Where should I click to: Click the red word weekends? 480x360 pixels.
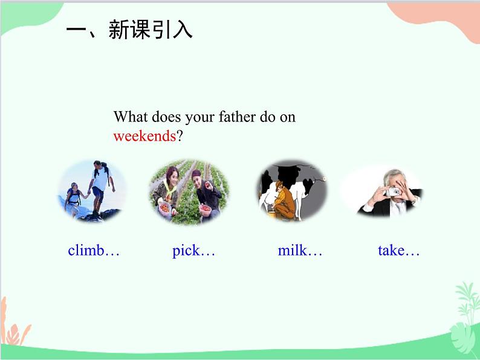tap(144, 136)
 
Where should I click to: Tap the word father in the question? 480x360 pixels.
tap(237, 117)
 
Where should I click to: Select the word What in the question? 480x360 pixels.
tap(131, 117)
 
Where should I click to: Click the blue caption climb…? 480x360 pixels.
tap(93, 250)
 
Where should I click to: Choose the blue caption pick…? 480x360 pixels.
tap(193, 251)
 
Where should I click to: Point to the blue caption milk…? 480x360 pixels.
tap(300, 250)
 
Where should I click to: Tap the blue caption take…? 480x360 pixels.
tap(398, 250)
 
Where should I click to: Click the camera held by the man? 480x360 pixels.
tap(393, 191)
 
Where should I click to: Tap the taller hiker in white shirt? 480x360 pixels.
tap(100, 187)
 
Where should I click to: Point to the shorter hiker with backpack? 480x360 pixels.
tap(73, 199)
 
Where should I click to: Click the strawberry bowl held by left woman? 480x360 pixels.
tap(164, 209)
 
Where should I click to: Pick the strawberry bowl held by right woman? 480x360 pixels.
tap(205, 209)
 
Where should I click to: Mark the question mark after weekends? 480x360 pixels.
tap(180, 136)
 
